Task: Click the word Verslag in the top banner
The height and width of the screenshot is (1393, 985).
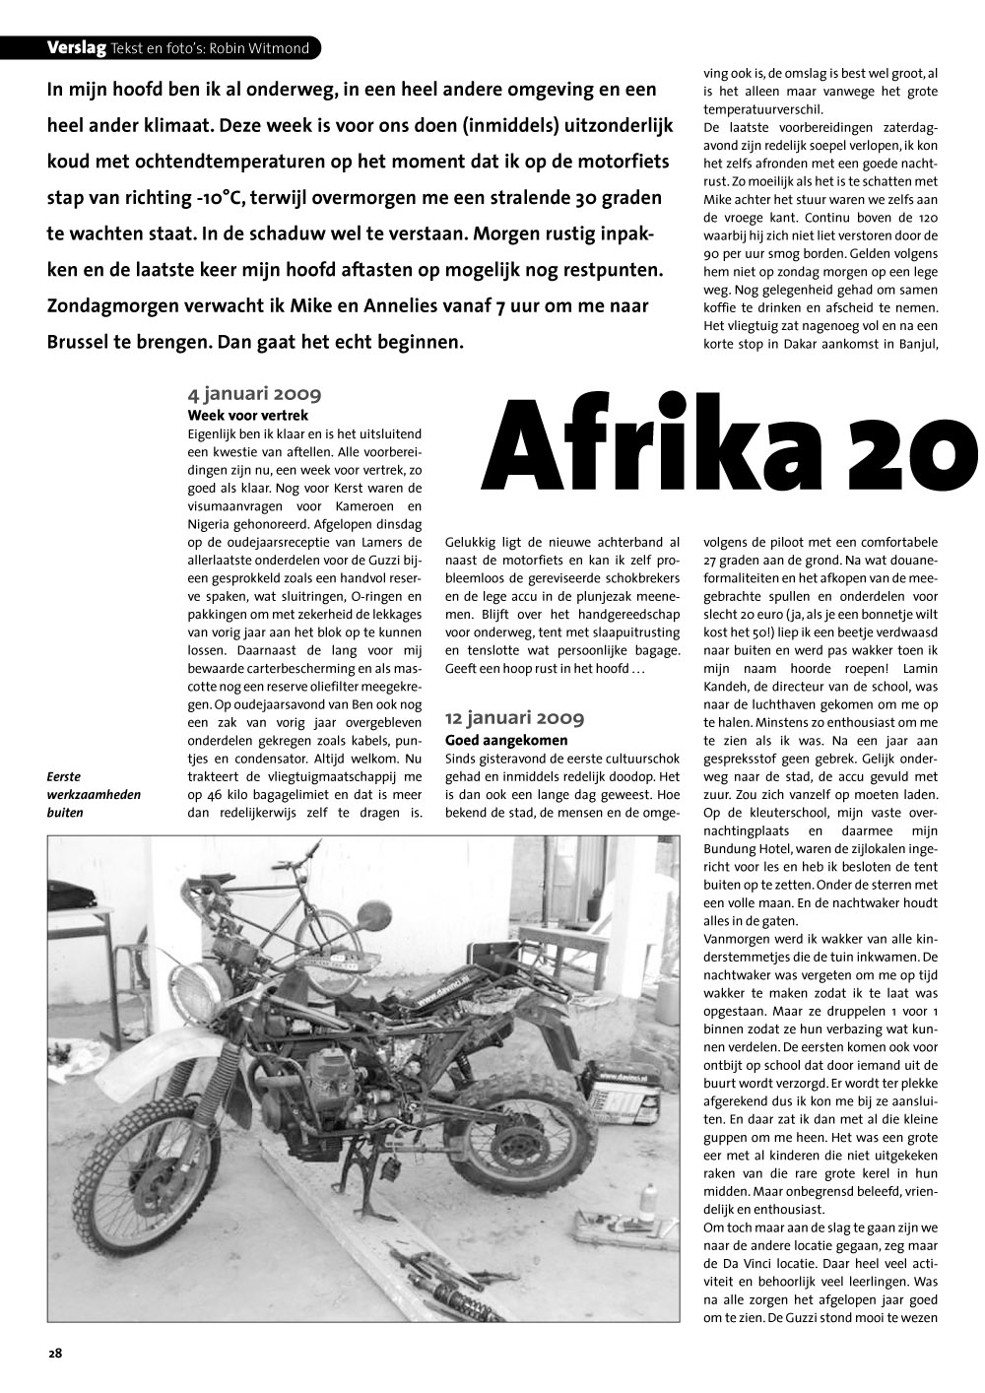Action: pos(78,47)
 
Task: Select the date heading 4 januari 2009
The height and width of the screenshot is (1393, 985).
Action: pos(254,395)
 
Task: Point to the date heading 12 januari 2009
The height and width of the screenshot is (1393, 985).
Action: pos(514,718)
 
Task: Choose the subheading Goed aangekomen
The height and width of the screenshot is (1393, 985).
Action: pos(506,739)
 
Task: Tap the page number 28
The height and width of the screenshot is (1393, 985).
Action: pos(55,1353)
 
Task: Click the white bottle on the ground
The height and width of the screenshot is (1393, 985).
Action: pos(648,1207)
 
